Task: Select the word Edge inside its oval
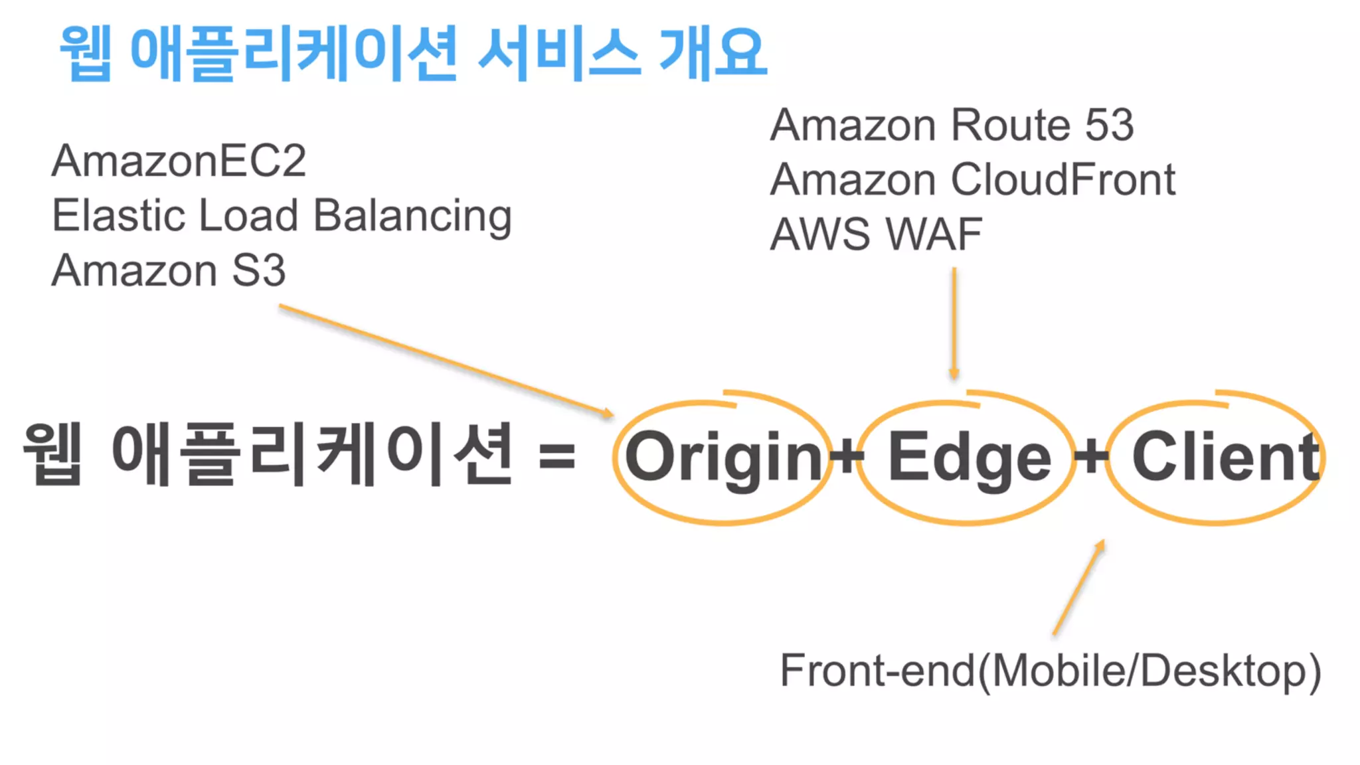pos(969,457)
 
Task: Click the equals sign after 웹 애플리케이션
pos(556,457)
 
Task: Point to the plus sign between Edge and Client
pos(1091,457)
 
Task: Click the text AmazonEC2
pos(179,161)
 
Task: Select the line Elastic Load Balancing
pos(282,216)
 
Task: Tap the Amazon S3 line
pos(169,270)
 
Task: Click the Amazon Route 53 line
pos(952,125)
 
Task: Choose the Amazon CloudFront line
pos(972,179)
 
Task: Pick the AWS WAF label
pos(875,234)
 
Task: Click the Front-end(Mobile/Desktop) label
pos(1050,671)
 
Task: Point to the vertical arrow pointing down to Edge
pos(954,322)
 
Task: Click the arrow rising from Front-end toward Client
pos(1078,587)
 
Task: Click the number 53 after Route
pos(1109,125)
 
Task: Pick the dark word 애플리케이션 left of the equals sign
pos(312,456)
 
